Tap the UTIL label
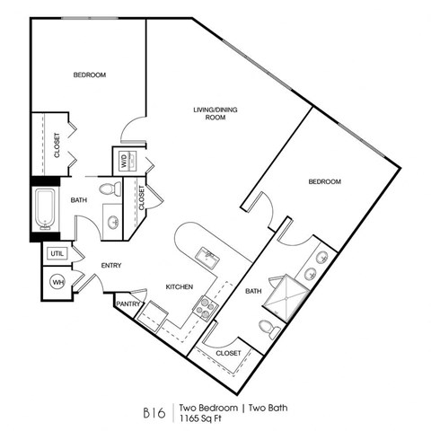57,254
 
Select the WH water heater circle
57,281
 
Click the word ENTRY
111,266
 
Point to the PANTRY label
128,304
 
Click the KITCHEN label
180,287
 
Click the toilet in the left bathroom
110,189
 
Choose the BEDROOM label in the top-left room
90,75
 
